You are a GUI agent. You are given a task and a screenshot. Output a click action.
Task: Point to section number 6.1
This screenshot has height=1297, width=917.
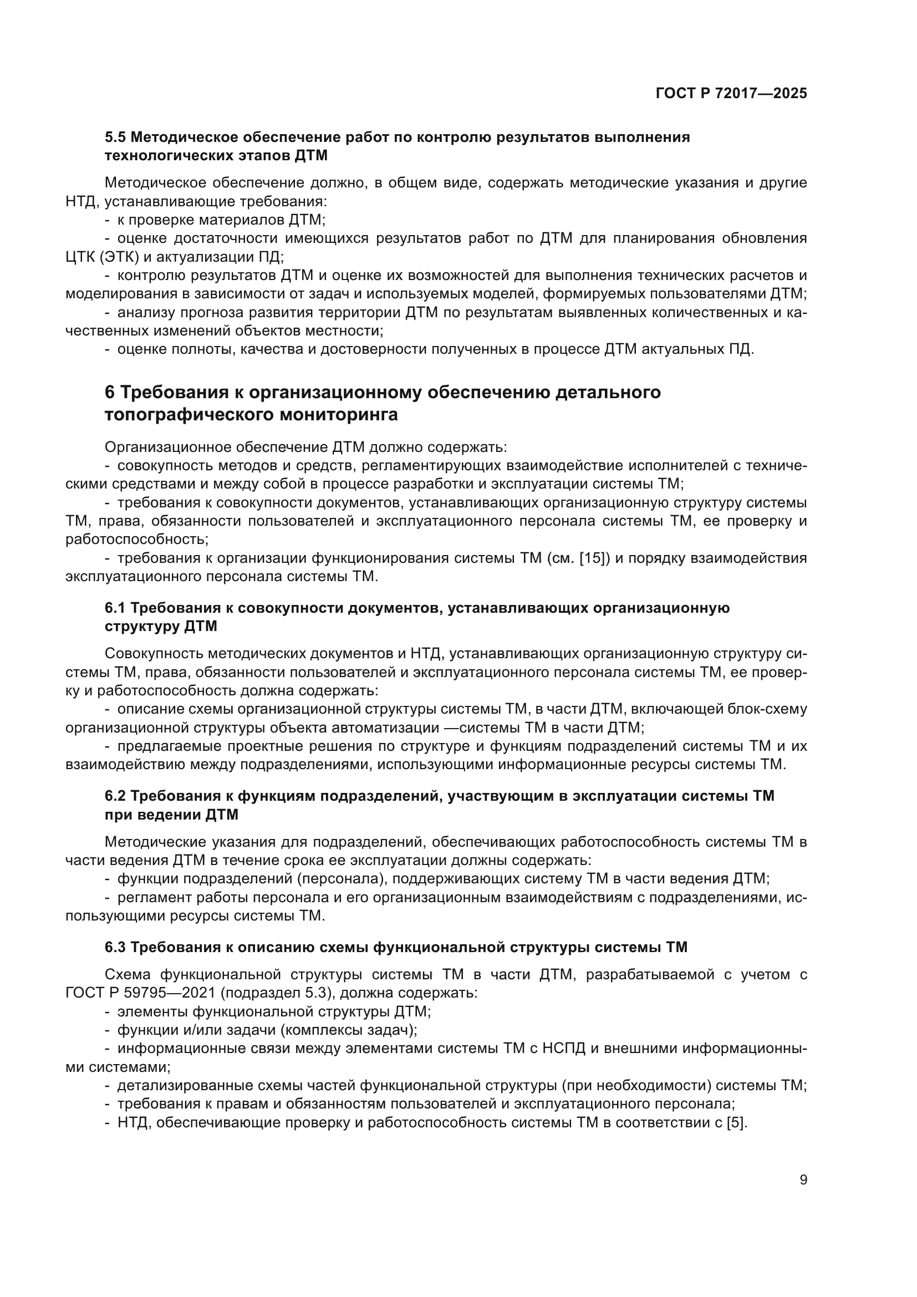(x=115, y=608)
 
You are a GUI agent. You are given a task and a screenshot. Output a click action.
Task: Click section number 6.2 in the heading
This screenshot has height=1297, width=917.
(x=115, y=796)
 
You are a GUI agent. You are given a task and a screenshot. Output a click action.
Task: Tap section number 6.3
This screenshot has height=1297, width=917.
(x=115, y=947)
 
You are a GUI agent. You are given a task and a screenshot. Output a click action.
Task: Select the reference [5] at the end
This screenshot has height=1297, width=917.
(x=736, y=1122)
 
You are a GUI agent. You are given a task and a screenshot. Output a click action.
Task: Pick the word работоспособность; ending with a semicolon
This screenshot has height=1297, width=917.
(x=136, y=540)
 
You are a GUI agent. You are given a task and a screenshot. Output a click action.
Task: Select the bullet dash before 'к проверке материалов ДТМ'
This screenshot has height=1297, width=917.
(x=108, y=220)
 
